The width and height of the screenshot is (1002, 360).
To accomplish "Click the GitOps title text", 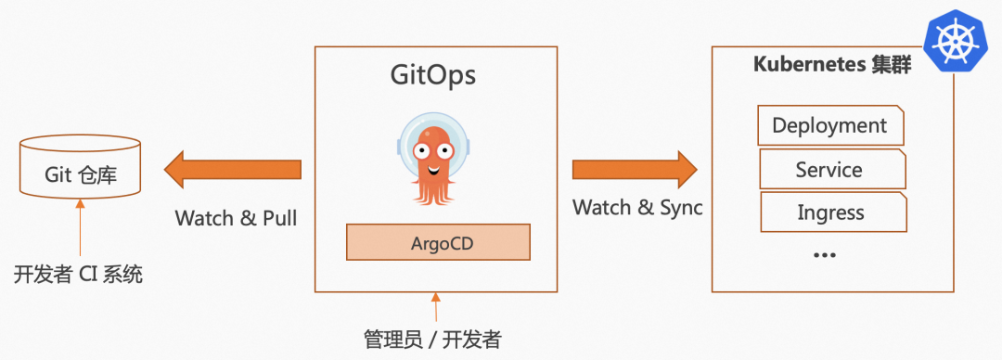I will point(431,73).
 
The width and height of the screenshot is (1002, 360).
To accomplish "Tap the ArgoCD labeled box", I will point(438,242).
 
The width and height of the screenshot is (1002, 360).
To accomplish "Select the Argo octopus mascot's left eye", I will point(422,148).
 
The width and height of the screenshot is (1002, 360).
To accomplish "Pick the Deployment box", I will point(830,125).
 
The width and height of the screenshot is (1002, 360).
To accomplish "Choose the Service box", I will point(830,170).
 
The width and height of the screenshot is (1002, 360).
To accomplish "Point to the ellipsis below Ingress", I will point(824,254).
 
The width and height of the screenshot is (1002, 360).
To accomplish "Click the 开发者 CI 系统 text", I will point(79,276).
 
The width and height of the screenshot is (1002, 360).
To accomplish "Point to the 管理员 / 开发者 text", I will point(432,339).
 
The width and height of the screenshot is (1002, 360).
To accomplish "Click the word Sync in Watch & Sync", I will point(681,207).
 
